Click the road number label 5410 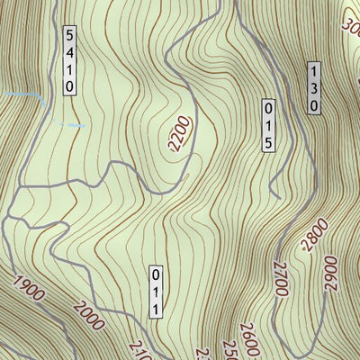[x=69, y=60]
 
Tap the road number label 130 [x=314, y=87]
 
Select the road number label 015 [x=268, y=125]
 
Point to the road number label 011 [x=155, y=292]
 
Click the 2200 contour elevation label [x=182, y=134]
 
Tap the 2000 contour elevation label [x=88, y=311]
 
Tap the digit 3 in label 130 [x=314, y=87]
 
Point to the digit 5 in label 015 [x=268, y=142]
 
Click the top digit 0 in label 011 [x=155, y=274]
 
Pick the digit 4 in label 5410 [x=69, y=51]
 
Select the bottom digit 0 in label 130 [x=314, y=104]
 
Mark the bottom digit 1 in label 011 [x=155, y=309]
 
